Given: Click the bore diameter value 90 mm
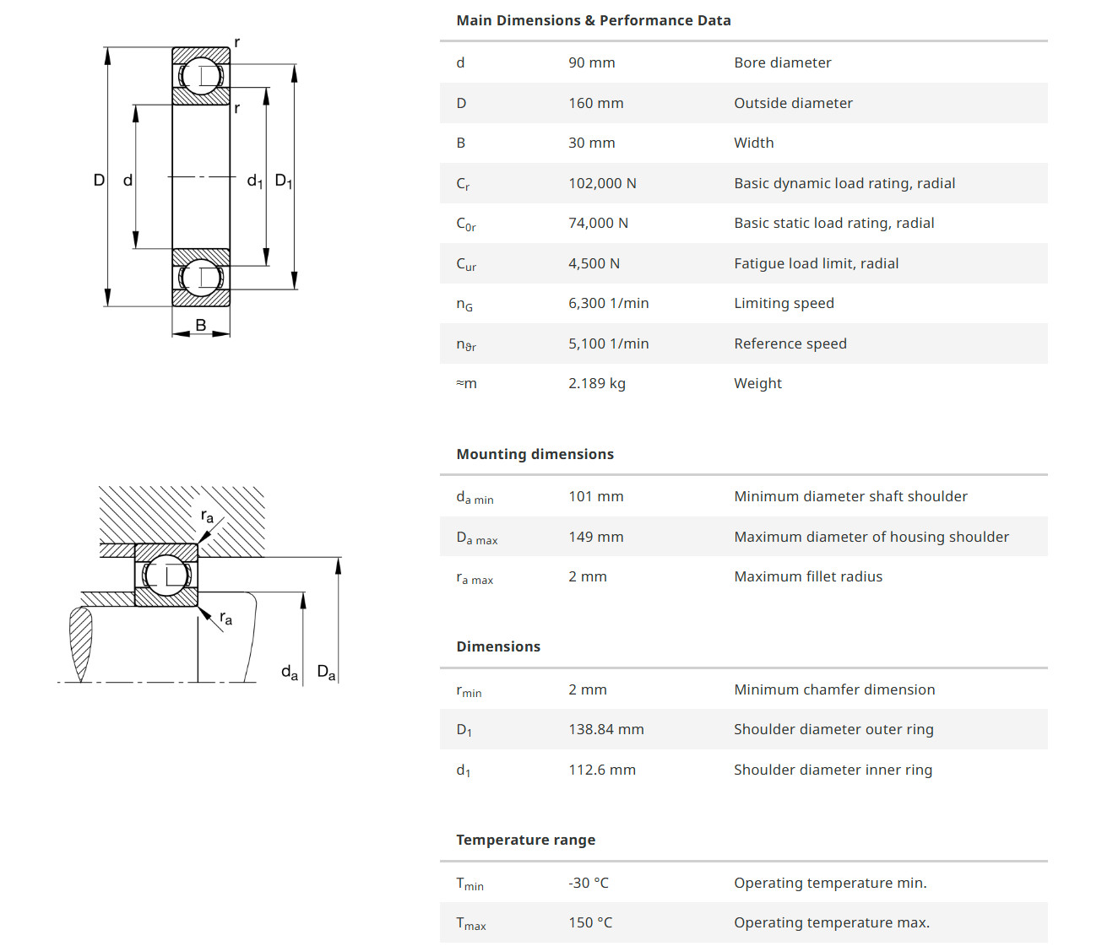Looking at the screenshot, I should coord(591,62).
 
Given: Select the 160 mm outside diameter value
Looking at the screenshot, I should coord(595,103).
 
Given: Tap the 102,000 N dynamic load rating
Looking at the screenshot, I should coord(602,183).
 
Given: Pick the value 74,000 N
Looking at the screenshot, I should coord(598,223).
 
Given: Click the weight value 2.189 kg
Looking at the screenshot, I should coord(596,383).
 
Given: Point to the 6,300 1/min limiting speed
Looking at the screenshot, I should coord(608,303).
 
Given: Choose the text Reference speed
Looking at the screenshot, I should coord(790,343).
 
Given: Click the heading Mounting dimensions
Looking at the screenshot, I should coord(535,454).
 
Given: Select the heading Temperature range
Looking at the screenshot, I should coord(525,840).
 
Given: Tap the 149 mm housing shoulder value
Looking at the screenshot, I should coord(595,537).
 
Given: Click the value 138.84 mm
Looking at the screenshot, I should coord(605,729).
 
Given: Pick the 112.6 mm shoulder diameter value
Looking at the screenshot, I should coord(601,770).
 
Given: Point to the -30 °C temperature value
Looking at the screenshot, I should coord(588,883).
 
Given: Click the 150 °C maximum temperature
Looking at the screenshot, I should coord(590,922).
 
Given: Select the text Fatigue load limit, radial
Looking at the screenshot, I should coord(816,263).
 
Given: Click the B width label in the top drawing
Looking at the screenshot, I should coord(201,325).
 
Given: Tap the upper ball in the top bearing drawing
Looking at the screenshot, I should coord(201,76).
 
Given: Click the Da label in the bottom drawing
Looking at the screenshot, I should coord(326,673).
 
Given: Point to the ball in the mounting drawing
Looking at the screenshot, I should coord(166,576).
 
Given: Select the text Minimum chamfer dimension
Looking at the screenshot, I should coord(833,689).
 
